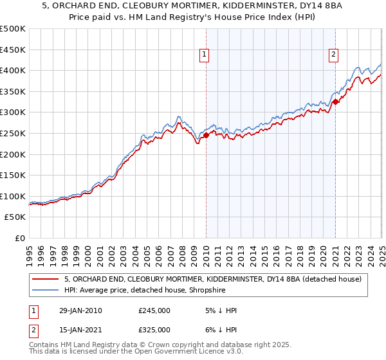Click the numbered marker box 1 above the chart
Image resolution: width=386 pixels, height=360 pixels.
coord(203,55)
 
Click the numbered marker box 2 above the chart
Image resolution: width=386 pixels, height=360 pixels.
coord(334,55)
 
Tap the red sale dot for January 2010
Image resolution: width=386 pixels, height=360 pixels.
coord(206,135)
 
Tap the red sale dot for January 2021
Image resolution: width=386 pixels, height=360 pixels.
coord(336,101)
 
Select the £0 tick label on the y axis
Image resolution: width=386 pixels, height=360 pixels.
coord(21,238)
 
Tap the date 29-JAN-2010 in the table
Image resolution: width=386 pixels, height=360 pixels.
coord(80,310)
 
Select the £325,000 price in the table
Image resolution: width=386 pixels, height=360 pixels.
coord(154,330)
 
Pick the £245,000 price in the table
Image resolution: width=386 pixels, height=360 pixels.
coord(154,310)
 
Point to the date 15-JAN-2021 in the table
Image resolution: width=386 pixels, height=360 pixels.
coord(80,330)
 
